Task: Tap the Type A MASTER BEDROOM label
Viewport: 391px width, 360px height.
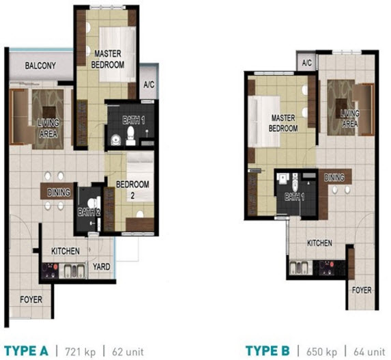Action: [109, 59]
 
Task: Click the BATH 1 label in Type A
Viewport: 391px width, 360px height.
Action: [134, 120]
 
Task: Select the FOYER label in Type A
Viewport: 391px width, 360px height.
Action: [31, 299]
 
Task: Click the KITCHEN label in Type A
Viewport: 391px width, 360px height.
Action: [65, 251]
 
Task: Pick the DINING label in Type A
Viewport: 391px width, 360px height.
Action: [59, 193]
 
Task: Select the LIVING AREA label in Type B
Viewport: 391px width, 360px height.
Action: [350, 118]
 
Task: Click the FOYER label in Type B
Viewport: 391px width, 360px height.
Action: [362, 290]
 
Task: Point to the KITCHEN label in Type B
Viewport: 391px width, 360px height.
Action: [319, 243]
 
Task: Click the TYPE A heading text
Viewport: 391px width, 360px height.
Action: [25, 351]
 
